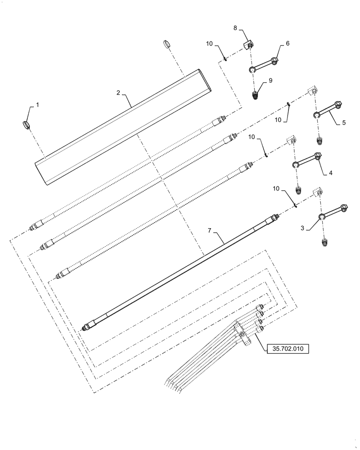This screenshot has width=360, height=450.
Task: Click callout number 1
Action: [37, 104]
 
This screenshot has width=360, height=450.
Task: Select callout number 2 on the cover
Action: [118, 93]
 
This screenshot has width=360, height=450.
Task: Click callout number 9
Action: [270, 81]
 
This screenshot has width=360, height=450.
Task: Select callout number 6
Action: [288, 44]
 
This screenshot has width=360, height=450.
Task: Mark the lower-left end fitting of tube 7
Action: [87, 326]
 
